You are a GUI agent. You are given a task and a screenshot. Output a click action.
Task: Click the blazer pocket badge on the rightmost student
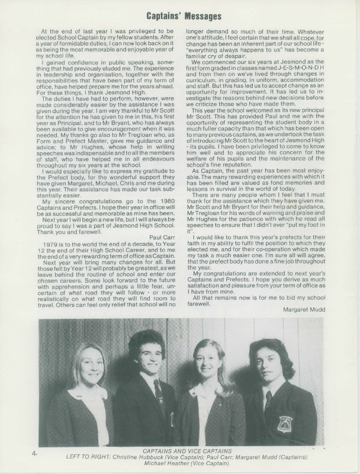(285, 424)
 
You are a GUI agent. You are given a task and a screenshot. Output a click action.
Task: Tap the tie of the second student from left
(159, 391)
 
